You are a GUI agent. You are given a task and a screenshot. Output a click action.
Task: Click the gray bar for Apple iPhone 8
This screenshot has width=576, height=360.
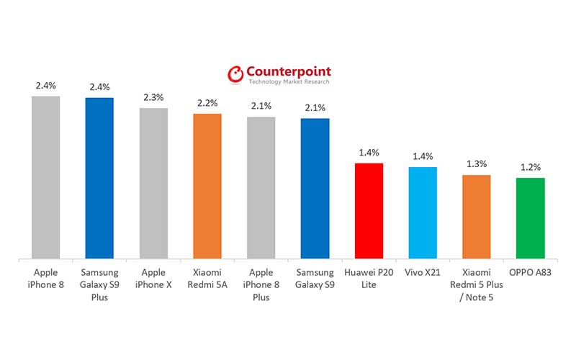(45, 176)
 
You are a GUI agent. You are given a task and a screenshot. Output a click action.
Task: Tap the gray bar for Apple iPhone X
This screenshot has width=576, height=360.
(153, 183)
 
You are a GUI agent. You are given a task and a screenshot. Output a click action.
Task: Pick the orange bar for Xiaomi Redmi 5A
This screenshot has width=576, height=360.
(207, 186)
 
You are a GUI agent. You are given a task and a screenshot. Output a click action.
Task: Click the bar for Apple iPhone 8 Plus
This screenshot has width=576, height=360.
(261, 187)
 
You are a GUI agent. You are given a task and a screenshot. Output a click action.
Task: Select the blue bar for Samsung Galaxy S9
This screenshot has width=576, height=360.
(315, 188)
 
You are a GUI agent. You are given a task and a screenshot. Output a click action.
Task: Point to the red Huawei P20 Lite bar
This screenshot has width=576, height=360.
(369, 210)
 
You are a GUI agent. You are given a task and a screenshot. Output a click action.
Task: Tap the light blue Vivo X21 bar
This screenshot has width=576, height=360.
(423, 212)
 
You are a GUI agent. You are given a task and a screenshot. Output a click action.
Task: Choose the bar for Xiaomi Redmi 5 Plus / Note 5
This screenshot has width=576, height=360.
(476, 216)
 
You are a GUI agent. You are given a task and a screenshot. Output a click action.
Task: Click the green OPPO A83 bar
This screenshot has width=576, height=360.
(530, 217)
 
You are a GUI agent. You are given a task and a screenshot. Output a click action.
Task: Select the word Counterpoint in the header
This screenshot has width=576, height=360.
(289, 72)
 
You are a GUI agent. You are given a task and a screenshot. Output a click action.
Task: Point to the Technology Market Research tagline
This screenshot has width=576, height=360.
(289, 82)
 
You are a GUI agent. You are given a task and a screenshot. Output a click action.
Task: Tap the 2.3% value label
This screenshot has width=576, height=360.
(153, 97)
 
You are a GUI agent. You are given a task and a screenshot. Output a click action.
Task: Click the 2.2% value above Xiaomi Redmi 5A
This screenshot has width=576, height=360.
(207, 103)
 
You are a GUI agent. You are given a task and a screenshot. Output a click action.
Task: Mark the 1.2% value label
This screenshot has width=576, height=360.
(531, 167)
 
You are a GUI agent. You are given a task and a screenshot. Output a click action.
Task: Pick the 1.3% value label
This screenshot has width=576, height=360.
(477, 164)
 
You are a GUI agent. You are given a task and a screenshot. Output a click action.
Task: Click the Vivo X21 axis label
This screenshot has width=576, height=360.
(423, 273)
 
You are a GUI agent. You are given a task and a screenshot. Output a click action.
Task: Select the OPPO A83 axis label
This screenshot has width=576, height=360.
(530, 273)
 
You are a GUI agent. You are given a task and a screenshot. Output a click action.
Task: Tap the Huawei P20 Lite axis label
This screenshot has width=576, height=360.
(369, 279)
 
